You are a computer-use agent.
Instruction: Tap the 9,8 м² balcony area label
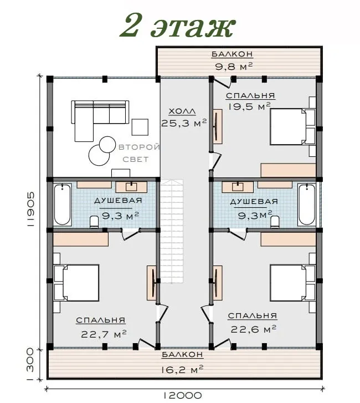[x=234, y=67]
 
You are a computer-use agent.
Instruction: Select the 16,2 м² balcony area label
[x=182, y=370]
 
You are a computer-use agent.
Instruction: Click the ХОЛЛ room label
[x=182, y=111]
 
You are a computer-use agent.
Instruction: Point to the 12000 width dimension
[x=182, y=395]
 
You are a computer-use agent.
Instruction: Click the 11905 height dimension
[x=30, y=209]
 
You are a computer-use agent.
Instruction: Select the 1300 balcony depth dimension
[x=30, y=364]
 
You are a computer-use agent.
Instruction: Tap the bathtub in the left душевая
[x=63, y=205]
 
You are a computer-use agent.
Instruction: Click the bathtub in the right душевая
[x=306, y=205]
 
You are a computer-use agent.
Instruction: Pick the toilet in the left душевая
[x=94, y=222]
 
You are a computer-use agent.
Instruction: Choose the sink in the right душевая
[x=238, y=187]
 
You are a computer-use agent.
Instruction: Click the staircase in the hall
[x=172, y=231]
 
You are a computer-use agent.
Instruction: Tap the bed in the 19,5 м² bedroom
[x=292, y=126]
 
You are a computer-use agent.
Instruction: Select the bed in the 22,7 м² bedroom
[x=76, y=283]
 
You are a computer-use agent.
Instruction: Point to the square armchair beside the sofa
[x=140, y=127]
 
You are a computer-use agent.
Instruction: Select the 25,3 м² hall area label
[x=184, y=123]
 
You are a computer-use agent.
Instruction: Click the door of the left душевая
[x=130, y=234]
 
